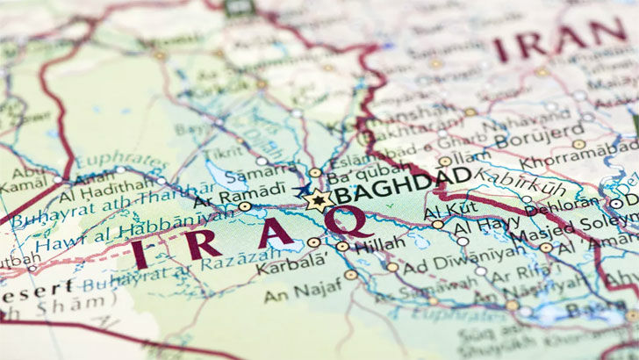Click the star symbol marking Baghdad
pos(319,200)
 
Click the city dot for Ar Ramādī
pos(244,206)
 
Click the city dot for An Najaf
pos(351,275)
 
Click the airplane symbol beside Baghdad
pos(304,189)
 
